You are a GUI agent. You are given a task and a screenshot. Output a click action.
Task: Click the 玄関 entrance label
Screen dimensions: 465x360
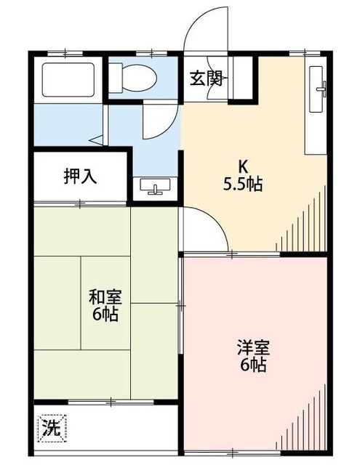pos(206,78)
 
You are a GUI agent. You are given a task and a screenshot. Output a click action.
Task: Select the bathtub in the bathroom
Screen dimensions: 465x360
pos(68,80)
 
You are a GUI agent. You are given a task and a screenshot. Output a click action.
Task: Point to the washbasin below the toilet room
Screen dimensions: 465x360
pos(155,187)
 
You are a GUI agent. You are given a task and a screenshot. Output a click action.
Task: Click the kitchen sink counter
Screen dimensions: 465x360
pos(317,109)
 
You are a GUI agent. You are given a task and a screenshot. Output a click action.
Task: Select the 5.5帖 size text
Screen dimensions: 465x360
pos(242,184)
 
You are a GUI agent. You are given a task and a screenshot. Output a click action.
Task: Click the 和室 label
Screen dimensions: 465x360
pos(105,297)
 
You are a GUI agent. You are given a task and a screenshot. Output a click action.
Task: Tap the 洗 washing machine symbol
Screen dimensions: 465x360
pos(49,426)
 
